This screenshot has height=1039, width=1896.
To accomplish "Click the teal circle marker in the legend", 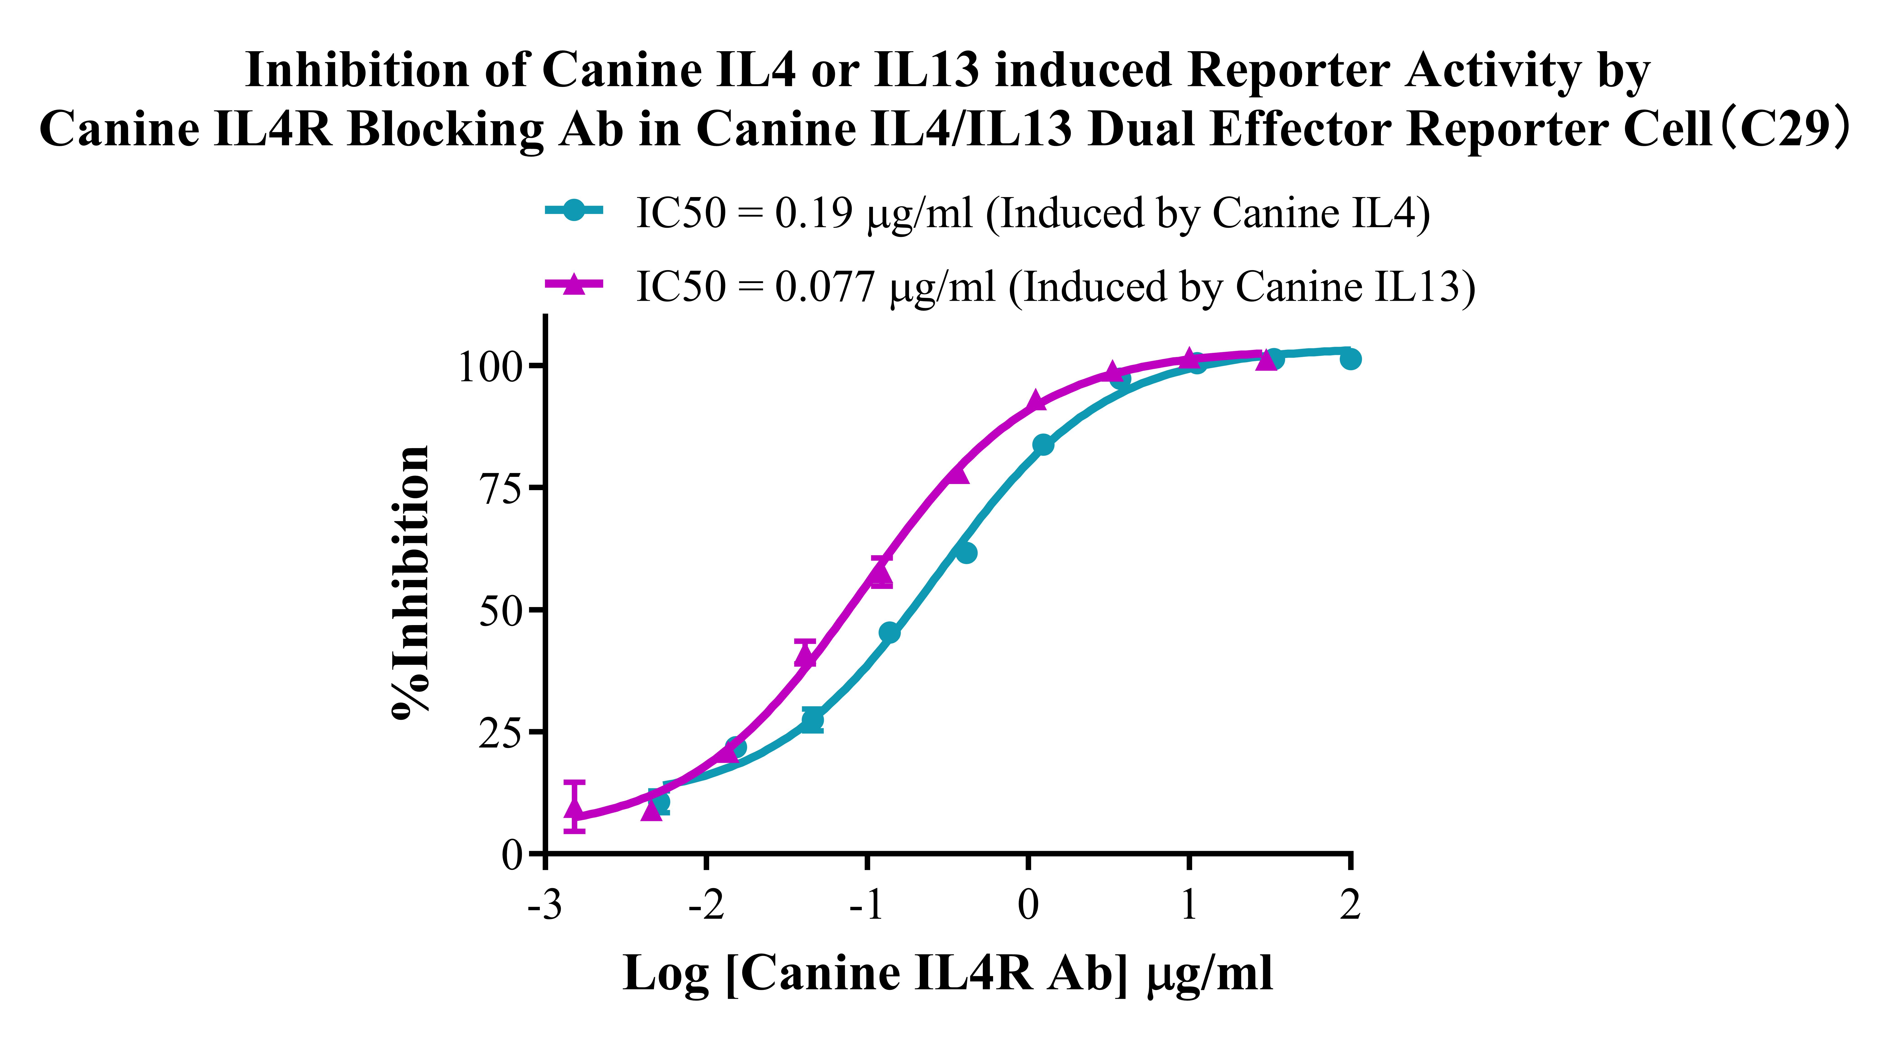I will coord(574,211).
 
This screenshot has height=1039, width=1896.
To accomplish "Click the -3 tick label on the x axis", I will coord(545,905).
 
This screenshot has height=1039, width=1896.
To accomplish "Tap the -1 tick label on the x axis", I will coord(866,905).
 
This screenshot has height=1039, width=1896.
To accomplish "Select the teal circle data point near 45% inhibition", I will coord(889,632).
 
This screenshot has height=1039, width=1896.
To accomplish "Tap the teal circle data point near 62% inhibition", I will coord(966,552).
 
